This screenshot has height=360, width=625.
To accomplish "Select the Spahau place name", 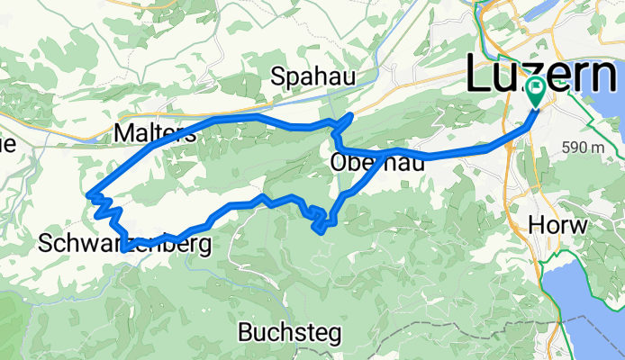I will pos(315,77).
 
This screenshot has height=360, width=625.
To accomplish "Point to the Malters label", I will pos(156,134).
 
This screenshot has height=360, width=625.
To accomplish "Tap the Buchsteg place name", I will pos(290,333).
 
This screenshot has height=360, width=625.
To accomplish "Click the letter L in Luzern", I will pos(479,74).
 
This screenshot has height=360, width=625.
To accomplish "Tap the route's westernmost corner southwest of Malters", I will pos(88,193).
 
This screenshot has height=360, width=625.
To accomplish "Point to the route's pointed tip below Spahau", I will pos(349,116).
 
